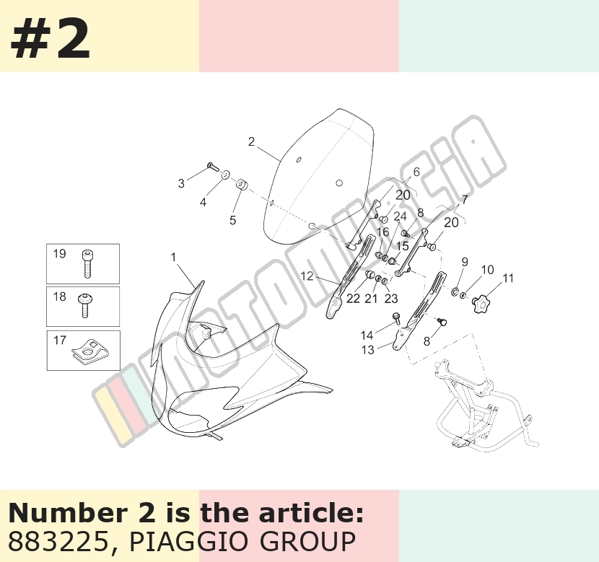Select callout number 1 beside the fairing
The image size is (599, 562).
173,258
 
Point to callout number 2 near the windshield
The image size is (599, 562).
251,141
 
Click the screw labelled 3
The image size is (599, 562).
211,166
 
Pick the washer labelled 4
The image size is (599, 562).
226,175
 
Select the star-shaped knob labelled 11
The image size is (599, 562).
481,304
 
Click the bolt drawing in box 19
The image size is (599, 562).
87,264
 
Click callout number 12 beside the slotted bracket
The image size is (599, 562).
307,276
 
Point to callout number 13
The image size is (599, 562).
367,350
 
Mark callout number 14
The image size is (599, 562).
367,335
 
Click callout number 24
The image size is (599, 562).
400,217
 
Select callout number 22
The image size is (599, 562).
353,299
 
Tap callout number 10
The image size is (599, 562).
487,270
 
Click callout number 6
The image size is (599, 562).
416,172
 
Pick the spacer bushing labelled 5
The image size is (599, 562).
242,185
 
